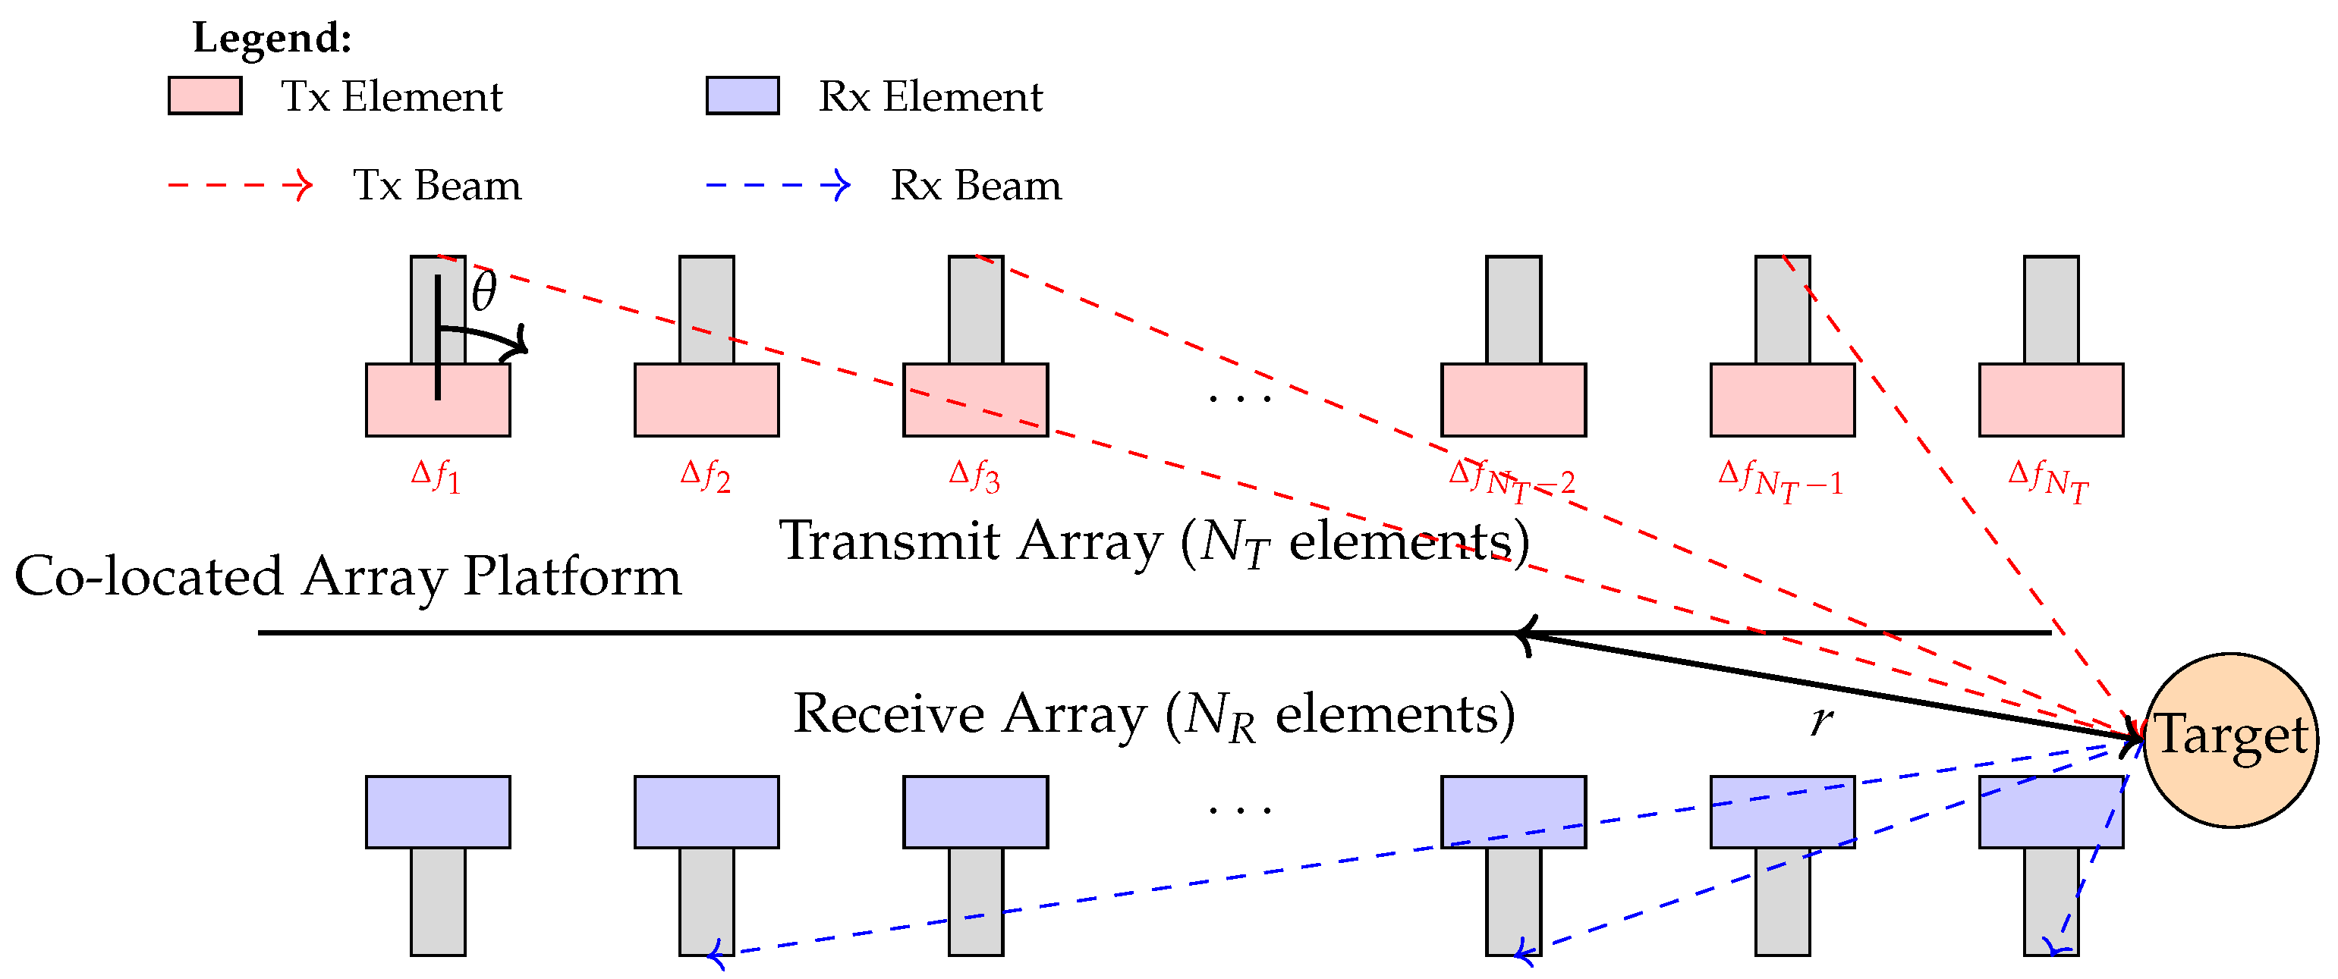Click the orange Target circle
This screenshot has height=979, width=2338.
(x=2230, y=739)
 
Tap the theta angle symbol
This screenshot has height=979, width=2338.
(x=483, y=292)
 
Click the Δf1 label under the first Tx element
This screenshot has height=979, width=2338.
(x=436, y=475)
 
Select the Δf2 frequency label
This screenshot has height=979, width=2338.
(x=705, y=475)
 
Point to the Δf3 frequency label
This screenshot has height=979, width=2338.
(x=974, y=475)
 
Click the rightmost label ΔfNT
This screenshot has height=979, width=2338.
(x=2048, y=480)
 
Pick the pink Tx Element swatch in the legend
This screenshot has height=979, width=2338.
(x=204, y=96)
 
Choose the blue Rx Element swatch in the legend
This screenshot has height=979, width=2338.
(x=742, y=96)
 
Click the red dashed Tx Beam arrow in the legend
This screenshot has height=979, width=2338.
(x=241, y=185)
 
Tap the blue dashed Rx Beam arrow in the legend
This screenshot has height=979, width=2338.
(x=778, y=185)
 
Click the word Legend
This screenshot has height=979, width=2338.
(x=272, y=38)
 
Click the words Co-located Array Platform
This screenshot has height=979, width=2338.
(x=348, y=576)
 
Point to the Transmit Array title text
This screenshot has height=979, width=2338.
(x=1153, y=542)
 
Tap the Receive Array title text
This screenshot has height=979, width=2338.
(x=1153, y=715)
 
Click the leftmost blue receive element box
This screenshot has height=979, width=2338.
(x=437, y=811)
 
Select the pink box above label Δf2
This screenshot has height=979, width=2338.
(x=706, y=399)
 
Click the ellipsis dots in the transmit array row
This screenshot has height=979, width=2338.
(x=1240, y=397)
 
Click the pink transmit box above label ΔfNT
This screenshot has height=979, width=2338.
(x=2050, y=399)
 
